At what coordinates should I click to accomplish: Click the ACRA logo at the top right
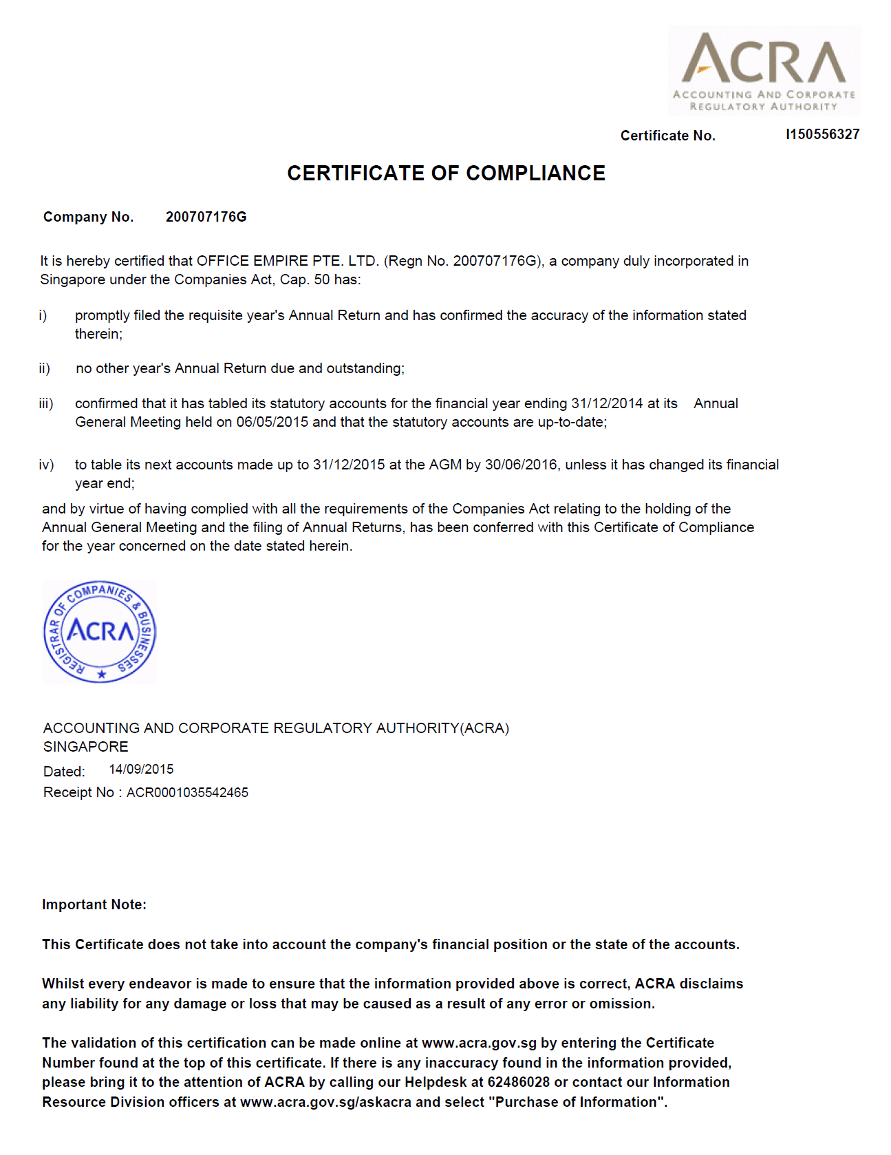point(764,70)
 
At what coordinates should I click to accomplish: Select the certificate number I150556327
point(822,134)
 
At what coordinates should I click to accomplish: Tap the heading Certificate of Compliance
point(446,173)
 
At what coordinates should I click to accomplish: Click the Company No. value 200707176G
point(206,217)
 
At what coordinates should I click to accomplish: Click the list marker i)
point(43,315)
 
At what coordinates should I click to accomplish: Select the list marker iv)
point(46,465)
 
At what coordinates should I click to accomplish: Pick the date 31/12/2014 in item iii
point(608,403)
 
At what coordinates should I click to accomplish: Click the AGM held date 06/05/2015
point(272,422)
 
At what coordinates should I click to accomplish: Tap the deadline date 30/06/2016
point(521,465)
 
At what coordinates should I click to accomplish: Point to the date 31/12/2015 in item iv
point(349,465)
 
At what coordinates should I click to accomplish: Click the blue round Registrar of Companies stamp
point(100,632)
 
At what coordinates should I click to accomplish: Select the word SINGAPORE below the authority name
point(86,747)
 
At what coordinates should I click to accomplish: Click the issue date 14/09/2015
point(141,770)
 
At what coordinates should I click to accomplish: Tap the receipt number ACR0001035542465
point(187,793)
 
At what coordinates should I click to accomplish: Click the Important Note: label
point(94,904)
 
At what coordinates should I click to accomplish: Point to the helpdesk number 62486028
point(519,1082)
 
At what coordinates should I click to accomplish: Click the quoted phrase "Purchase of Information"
point(577,1102)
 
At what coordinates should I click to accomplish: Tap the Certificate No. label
point(667,136)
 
